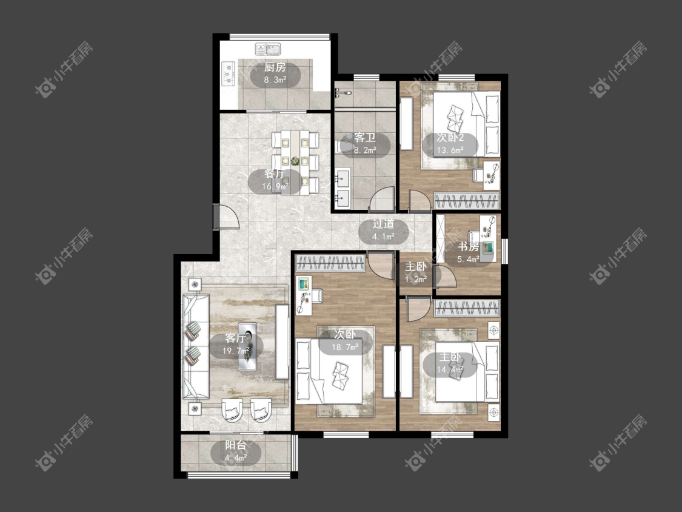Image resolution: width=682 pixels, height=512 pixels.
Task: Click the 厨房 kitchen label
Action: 275,67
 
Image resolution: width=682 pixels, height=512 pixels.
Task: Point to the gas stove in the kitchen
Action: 229,73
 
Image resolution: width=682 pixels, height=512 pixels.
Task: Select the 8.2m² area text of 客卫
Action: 364,150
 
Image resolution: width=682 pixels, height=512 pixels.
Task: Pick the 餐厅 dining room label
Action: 275,173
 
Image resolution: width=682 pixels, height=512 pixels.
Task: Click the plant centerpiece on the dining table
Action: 296,161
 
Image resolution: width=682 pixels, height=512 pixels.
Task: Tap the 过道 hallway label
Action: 383,224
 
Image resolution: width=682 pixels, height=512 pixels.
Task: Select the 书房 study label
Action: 469,247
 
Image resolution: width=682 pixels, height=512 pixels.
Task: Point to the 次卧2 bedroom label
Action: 450,138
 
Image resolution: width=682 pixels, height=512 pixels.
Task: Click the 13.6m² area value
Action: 450,150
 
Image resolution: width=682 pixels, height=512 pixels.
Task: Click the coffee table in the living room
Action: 247,346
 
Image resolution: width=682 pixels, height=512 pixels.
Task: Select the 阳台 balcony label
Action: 236,445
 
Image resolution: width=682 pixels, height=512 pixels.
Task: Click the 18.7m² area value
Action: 346,348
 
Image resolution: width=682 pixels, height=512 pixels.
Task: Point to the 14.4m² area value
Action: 450,370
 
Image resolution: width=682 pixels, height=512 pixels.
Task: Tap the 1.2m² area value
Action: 416,280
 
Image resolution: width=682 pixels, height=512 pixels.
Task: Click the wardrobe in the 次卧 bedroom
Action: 330,264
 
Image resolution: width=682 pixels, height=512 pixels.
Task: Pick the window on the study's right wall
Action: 505,251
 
